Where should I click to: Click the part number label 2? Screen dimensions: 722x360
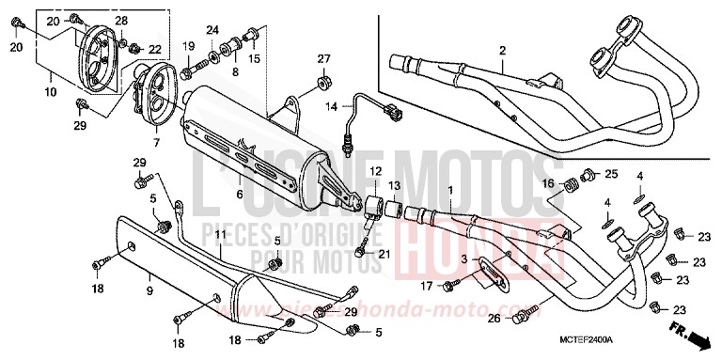[x=503, y=50]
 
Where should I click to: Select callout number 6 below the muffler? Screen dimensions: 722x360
[x=239, y=195]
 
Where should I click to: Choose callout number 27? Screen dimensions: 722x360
[x=324, y=59]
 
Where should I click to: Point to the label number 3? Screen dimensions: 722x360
[x=463, y=258]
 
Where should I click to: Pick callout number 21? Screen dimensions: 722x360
[x=384, y=255]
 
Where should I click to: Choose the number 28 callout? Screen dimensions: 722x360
[x=121, y=21]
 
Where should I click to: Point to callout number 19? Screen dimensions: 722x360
[x=188, y=46]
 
